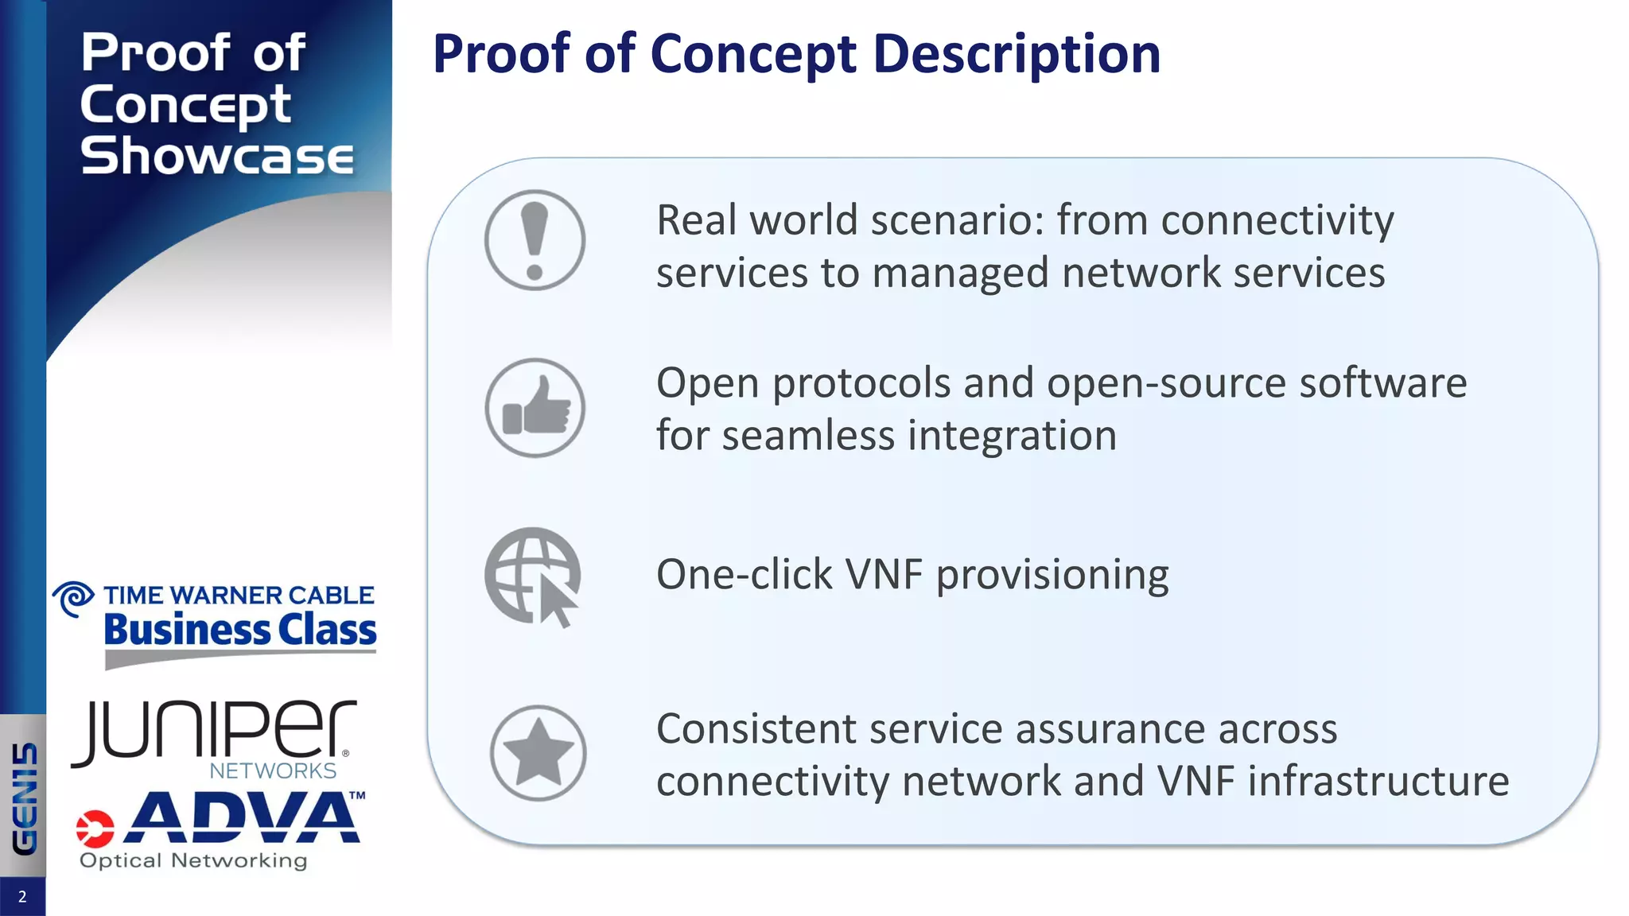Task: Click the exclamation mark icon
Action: coord(535,240)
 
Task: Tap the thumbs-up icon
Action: coord(535,408)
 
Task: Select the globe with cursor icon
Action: coord(533,576)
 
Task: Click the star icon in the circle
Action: coord(538,753)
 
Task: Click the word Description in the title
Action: coord(1017,54)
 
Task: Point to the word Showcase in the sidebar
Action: coord(216,155)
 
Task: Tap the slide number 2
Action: coord(22,897)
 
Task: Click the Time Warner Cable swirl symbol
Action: coord(74,599)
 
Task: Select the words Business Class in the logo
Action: coord(239,630)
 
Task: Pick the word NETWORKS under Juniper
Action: coord(273,770)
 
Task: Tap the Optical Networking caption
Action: coord(193,860)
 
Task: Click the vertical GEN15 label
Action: coord(25,798)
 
